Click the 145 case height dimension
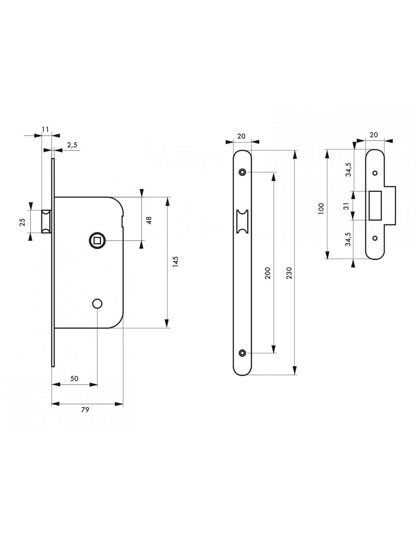coord(175,262)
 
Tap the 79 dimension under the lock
coord(85,410)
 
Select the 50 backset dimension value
coord(75,378)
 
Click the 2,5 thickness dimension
coord(72,145)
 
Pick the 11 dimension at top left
coord(45,129)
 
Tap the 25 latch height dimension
coord(23,222)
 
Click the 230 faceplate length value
coord(289,273)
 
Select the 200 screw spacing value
coord(268,273)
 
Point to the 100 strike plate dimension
coord(321,208)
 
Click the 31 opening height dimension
coord(345,206)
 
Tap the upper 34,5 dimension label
coord(348,170)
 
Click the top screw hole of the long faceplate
coord(242,173)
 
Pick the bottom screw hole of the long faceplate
coord(242,353)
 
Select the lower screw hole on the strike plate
coord(375,238)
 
